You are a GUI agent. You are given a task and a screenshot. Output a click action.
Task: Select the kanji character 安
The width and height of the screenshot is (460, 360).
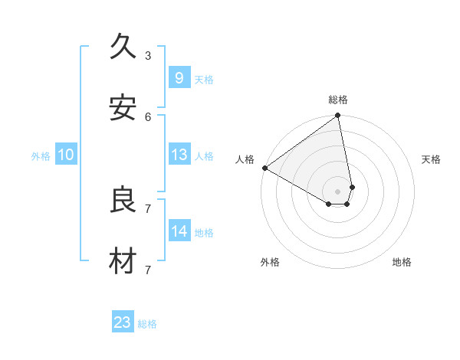coord(123,108)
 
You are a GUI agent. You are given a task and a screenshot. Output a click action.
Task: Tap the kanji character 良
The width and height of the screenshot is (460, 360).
coord(123,200)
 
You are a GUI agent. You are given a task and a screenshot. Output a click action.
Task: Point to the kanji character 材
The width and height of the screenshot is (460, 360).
coord(123,261)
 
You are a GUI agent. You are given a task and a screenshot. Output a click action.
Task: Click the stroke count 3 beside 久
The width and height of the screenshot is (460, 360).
coord(147,55)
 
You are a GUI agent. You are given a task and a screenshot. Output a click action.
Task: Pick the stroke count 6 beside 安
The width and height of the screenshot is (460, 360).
coord(147,116)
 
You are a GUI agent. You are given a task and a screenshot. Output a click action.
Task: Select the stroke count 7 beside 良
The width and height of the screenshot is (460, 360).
coord(147,208)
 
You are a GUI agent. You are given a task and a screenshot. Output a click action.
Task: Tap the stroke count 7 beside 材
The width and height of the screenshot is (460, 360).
coord(147,270)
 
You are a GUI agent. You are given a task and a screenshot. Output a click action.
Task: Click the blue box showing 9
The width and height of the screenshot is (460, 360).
coord(179,77)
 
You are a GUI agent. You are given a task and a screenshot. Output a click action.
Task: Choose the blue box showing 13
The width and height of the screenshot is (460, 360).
coord(179,155)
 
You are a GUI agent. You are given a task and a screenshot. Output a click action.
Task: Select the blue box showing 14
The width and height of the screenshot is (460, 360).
coord(179,231)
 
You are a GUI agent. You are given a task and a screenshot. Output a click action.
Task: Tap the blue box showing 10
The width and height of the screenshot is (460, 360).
coord(66,155)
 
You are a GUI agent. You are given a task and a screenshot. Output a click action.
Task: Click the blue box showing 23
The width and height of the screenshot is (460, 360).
coord(123,322)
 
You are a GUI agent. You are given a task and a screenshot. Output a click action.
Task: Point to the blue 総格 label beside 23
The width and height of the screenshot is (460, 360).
coord(148,324)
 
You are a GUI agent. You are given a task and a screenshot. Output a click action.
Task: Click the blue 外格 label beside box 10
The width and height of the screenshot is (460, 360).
coord(41,156)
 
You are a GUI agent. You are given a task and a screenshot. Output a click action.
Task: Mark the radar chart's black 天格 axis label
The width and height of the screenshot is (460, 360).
coord(432,159)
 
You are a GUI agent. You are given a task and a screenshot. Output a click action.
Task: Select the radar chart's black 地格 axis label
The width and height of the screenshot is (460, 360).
coord(402,262)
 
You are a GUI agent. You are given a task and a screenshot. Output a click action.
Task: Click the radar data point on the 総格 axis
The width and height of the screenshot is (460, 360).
coord(338,116)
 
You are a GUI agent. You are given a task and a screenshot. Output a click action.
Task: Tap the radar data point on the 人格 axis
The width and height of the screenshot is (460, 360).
coord(264,168)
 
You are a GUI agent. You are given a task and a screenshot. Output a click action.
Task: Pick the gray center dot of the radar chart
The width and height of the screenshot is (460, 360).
coord(338,191)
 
